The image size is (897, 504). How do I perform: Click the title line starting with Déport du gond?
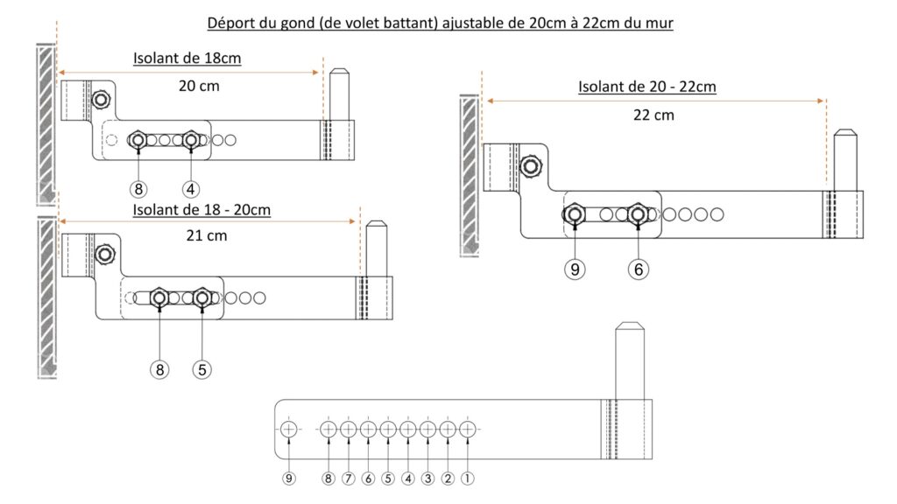point(440,23)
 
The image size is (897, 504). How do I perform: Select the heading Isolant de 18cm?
point(187,59)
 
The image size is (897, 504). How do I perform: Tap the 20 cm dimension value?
point(199,87)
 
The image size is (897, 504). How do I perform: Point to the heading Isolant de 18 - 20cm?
point(201,210)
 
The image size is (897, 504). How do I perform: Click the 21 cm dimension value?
point(207,235)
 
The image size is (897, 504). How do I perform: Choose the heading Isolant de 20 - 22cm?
point(647,87)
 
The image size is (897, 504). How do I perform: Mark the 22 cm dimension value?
point(653,115)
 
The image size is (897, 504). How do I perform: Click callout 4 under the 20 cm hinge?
point(190,189)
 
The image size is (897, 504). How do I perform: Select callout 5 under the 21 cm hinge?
point(202,370)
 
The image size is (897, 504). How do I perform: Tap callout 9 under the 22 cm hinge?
point(575,269)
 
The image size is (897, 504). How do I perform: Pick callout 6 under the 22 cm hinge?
point(639,269)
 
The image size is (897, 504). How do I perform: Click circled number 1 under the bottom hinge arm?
point(468,479)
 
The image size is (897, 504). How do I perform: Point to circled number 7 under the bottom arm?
point(349,479)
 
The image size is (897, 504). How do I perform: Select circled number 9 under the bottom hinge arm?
point(289,479)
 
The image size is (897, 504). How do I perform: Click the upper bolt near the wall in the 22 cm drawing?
point(531,166)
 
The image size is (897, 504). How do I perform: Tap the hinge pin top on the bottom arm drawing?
point(630,325)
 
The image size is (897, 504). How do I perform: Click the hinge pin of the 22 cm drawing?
point(845,161)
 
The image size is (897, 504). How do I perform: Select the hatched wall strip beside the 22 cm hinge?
point(470,175)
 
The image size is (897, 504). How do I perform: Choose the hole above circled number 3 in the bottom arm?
point(427,429)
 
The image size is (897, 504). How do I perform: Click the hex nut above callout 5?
point(201,297)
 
